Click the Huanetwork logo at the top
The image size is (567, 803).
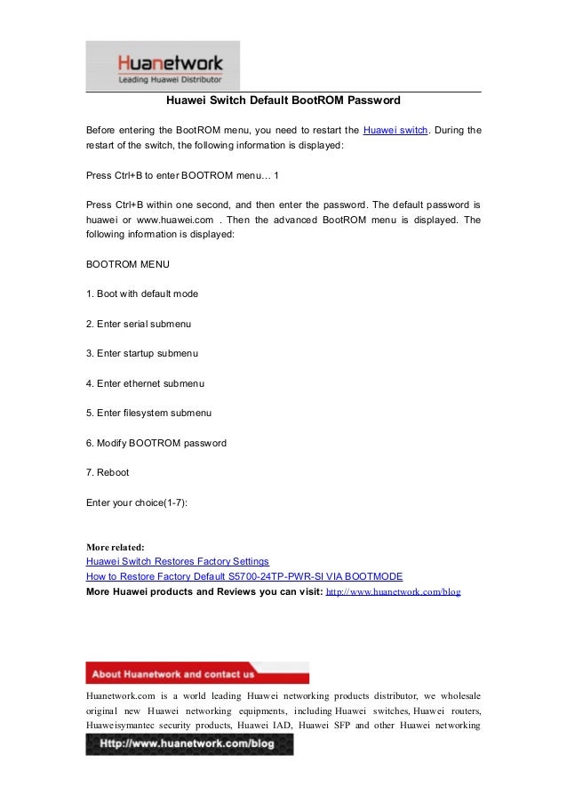163,66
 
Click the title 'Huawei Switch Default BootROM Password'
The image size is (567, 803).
283,100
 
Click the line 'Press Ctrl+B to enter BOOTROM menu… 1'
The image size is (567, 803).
182,175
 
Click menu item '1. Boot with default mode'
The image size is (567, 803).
142,293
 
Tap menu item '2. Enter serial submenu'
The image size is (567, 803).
139,324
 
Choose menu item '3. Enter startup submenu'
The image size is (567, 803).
142,353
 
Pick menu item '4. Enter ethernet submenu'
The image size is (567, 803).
146,383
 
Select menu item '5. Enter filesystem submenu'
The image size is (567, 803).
148,413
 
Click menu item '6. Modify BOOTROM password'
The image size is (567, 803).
156,443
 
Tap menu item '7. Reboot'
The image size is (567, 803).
108,472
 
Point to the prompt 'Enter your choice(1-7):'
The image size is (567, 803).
137,502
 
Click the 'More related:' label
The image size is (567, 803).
115,546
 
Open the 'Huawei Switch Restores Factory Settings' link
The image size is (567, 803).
178,562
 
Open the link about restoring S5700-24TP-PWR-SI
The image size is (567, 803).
244,576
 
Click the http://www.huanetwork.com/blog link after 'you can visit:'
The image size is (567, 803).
394,590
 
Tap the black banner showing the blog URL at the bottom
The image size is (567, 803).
189,743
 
